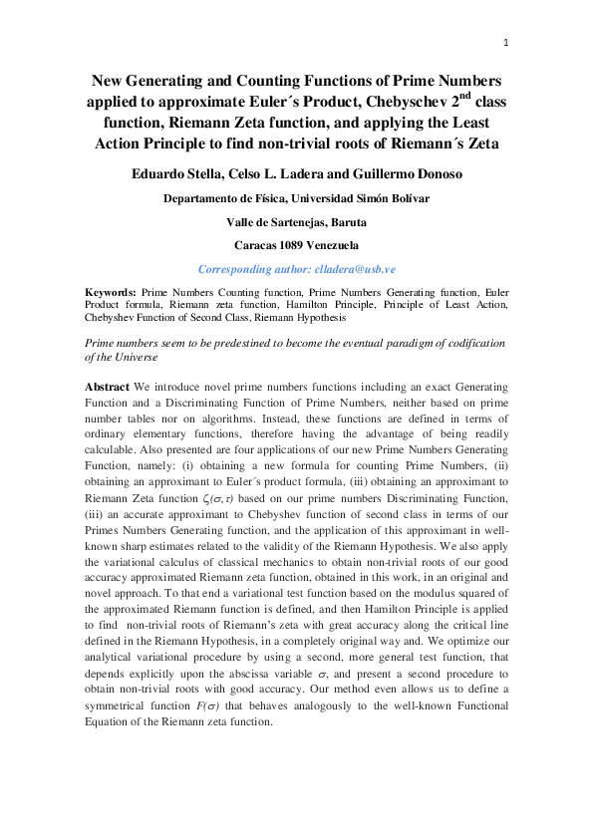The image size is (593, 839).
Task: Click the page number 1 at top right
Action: pyautogui.click(x=506, y=42)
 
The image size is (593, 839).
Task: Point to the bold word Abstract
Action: pyautogui.click(x=108, y=386)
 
